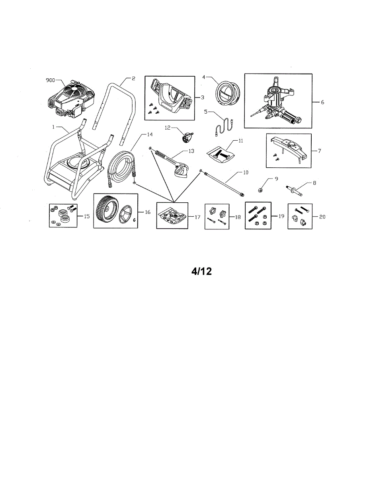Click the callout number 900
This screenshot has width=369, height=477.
(x=51, y=80)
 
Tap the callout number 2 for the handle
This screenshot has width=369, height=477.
(x=133, y=79)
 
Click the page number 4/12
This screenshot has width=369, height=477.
(x=201, y=271)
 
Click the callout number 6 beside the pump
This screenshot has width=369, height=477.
(x=322, y=102)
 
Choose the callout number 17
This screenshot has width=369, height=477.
(x=197, y=217)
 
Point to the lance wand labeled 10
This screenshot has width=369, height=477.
(x=223, y=183)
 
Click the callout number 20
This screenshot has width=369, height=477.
(x=322, y=217)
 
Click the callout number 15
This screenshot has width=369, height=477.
(x=86, y=216)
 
